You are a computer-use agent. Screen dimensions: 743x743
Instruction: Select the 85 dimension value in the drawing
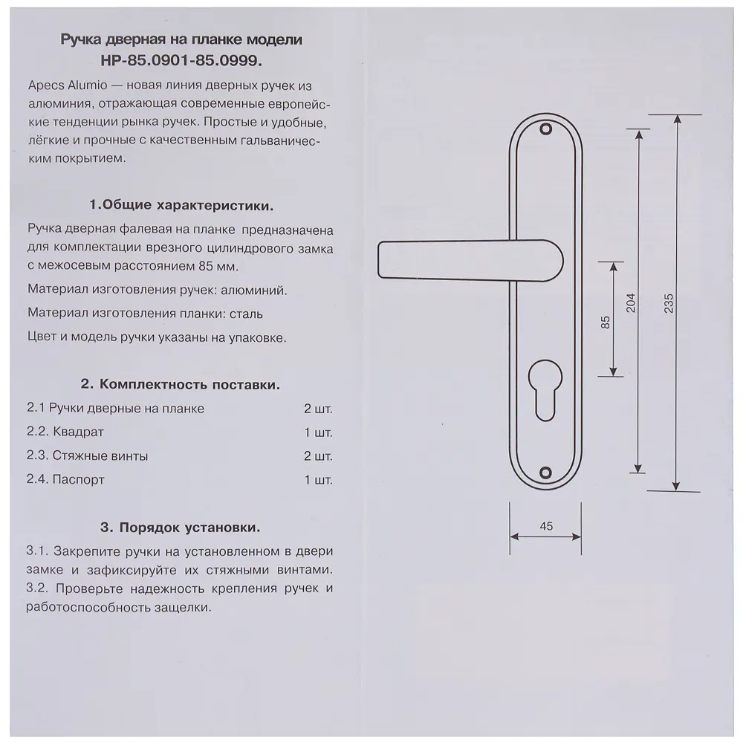[605, 321]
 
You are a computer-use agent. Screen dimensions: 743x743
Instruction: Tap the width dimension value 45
[545, 526]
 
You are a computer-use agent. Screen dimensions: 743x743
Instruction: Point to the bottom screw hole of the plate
[546, 471]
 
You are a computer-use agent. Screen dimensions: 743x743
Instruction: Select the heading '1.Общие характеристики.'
[181, 204]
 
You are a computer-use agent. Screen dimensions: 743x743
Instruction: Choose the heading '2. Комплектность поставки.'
[181, 385]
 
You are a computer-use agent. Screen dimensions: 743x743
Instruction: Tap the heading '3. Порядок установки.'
[181, 528]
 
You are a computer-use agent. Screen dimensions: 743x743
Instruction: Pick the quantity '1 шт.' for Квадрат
[318, 432]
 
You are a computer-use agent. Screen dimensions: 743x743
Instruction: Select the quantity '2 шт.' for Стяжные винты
[318, 456]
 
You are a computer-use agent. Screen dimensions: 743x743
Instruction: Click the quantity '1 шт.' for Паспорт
[318, 480]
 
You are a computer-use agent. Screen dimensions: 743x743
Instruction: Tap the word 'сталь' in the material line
[246, 314]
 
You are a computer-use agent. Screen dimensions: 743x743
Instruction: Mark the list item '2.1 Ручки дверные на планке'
[115, 409]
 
